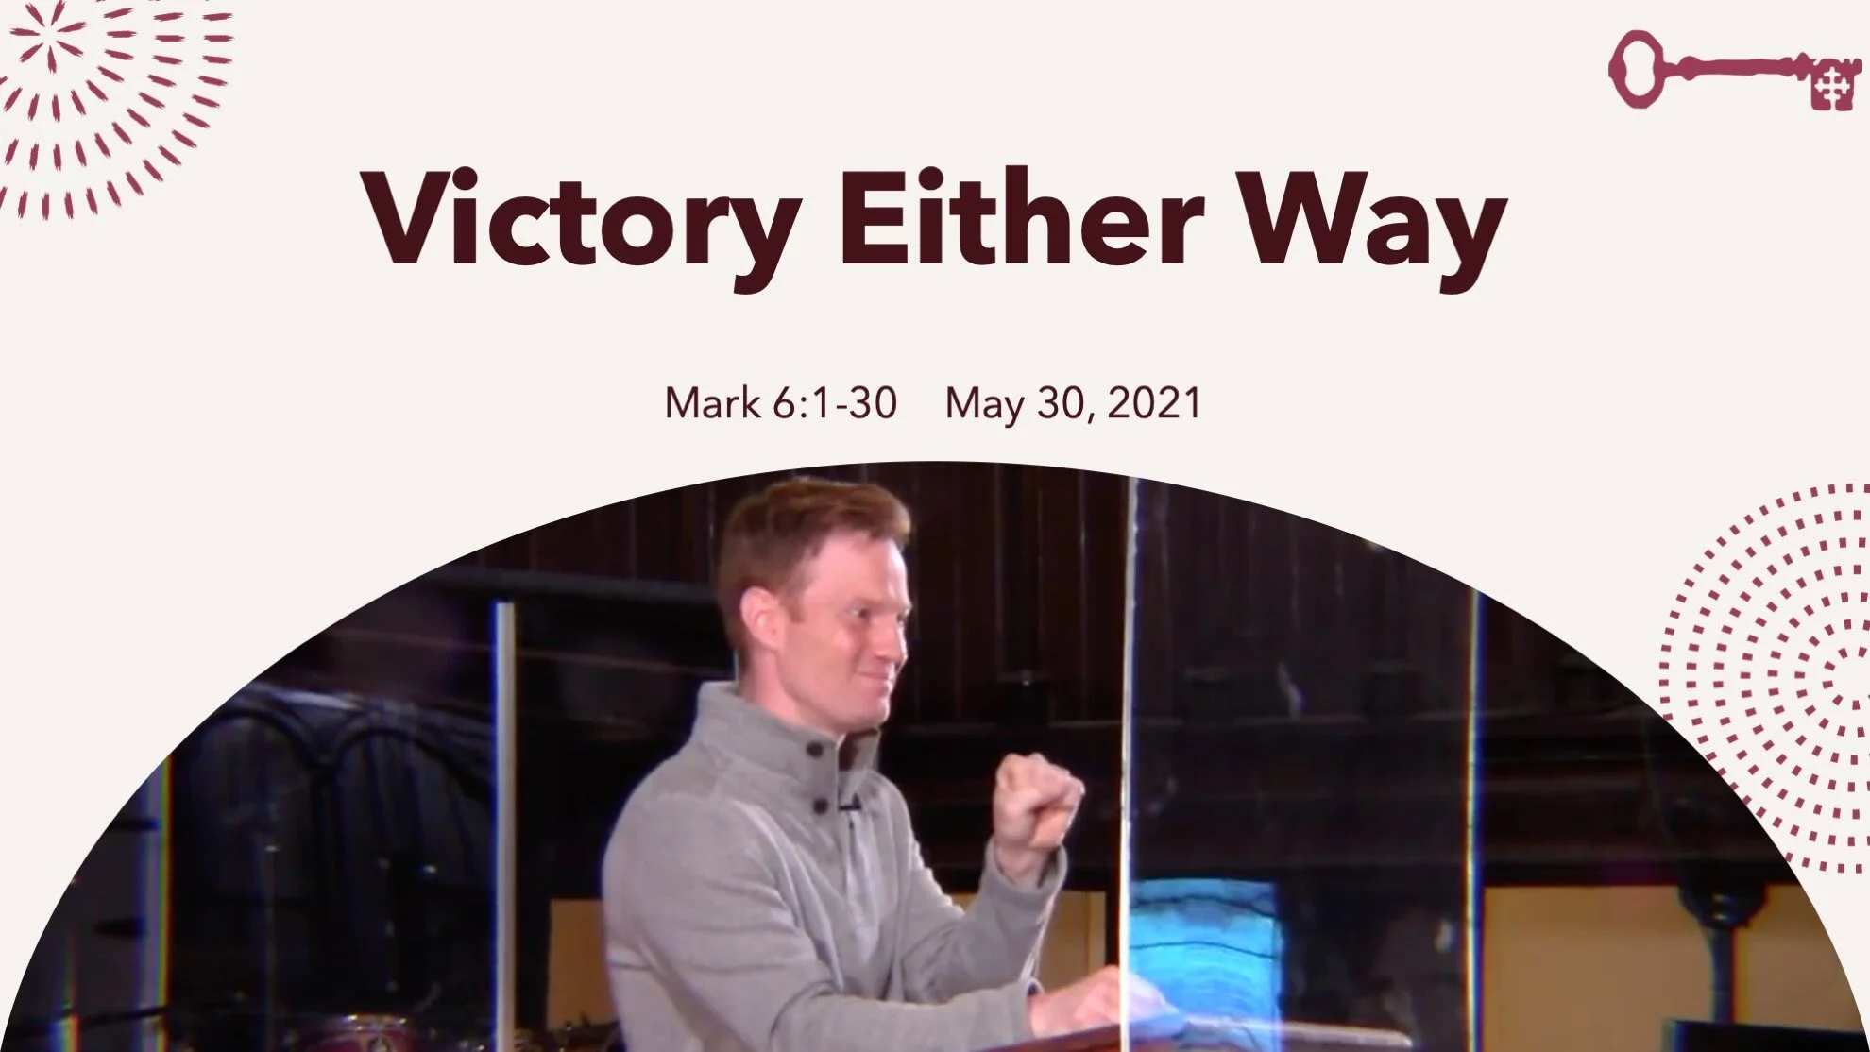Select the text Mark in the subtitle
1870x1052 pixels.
[x=712, y=403]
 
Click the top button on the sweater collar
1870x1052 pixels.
[x=813, y=750]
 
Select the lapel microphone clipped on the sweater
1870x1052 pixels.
[x=848, y=806]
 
